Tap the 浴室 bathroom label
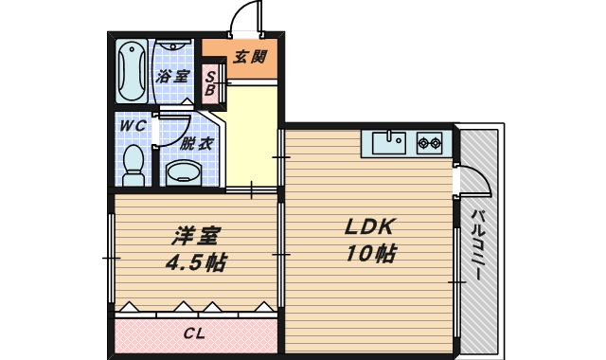pos(173,76)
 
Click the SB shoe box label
pos(211,84)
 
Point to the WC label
pos(131,125)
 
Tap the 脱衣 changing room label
pos(196,143)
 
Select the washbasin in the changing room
pos(182,172)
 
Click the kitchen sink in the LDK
pos(388,144)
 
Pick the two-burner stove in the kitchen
pos(430,144)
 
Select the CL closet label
pos(194,333)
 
